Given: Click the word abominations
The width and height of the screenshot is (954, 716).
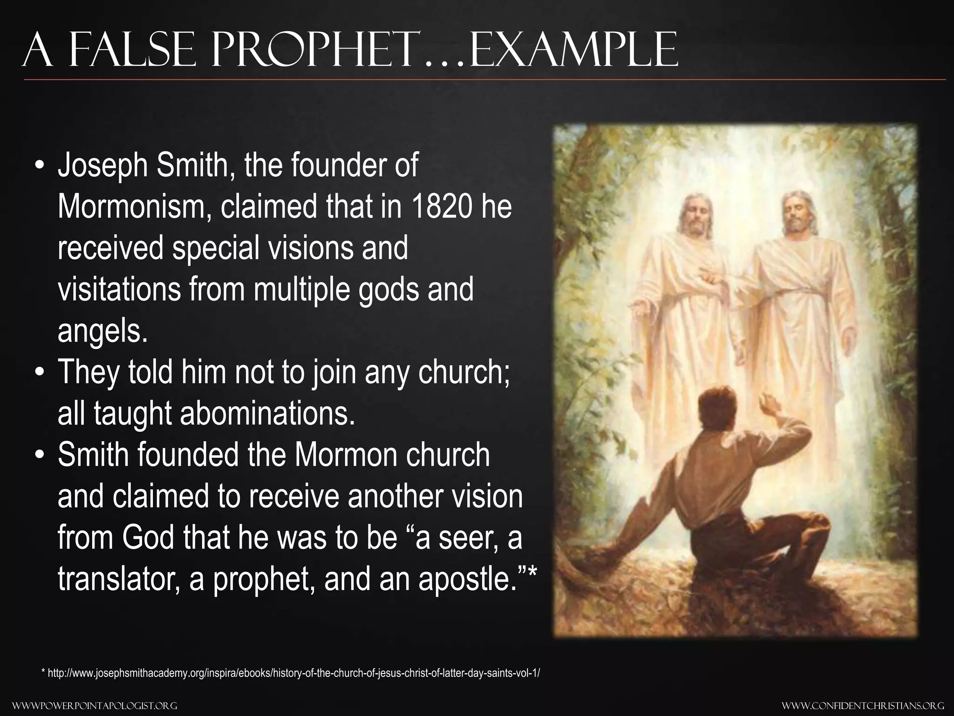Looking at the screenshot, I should [x=267, y=413].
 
